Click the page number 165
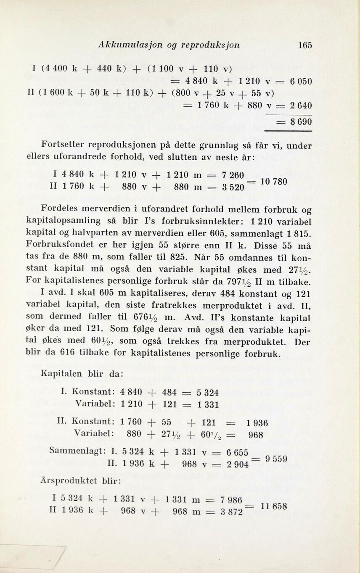coord(304,45)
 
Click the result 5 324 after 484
coord(207,393)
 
